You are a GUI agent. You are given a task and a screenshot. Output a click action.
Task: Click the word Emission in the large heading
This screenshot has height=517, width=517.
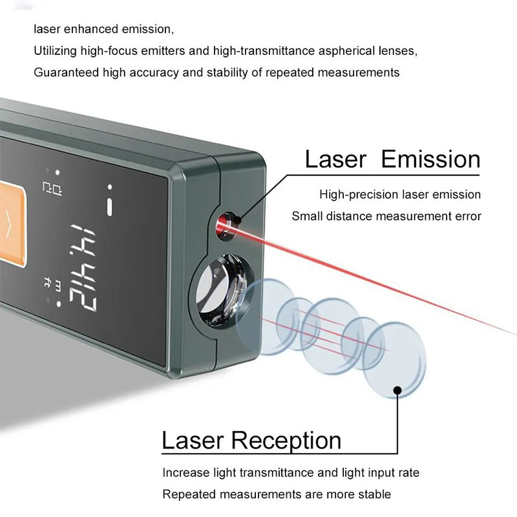pyautogui.click(x=430, y=159)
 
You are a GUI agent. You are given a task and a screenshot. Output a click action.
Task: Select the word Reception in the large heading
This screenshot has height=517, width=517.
pyautogui.click(x=286, y=441)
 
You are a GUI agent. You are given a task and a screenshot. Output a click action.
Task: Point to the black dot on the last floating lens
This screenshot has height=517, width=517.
pyautogui.click(x=397, y=390)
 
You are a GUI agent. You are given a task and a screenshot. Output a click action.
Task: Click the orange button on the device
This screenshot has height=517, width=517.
pyautogui.click(x=12, y=224)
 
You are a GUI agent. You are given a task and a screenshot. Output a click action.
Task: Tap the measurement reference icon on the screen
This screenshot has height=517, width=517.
pyautogui.click(x=52, y=188)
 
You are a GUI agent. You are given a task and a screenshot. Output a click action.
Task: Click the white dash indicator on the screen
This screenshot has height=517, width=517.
pyautogui.click(x=109, y=207)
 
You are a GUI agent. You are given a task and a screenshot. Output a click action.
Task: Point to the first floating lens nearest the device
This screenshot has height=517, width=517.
pyautogui.click(x=267, y=317)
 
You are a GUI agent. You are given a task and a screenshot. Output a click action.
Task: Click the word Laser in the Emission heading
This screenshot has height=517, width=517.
pyautogui.click(x=335, y=159)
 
